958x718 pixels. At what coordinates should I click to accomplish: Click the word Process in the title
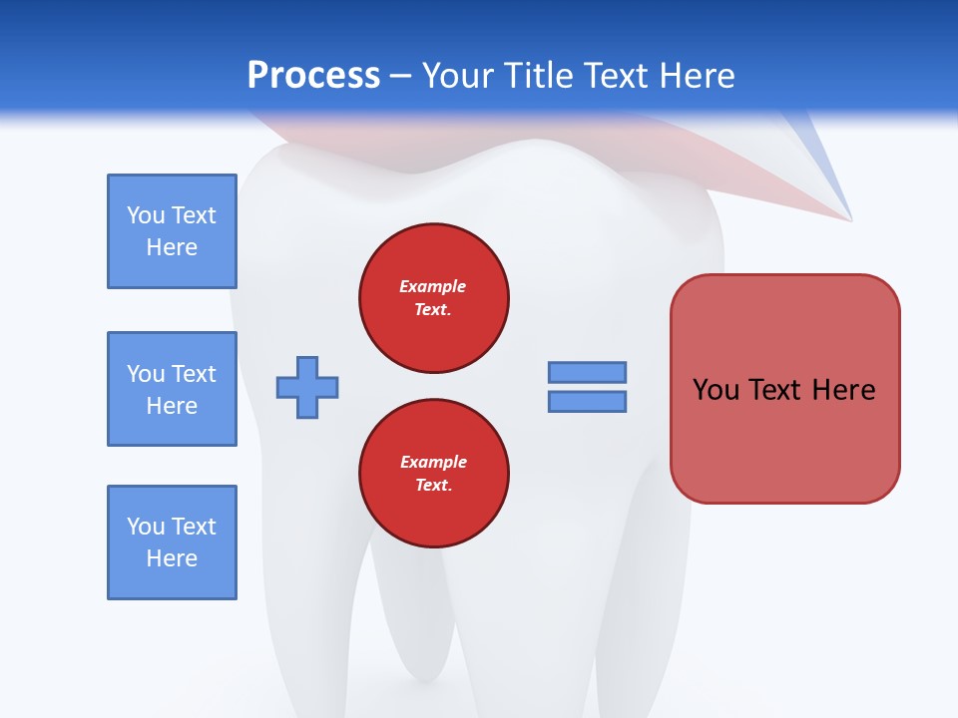[313, 75]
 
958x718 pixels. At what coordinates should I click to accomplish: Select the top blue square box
[172, 231]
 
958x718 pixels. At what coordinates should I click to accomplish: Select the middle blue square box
[172, 389]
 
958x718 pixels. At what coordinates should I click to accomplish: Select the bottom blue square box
[172, 542]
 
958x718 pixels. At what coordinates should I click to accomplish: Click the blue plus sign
[307, 387]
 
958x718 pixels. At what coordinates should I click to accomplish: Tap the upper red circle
[434, 298]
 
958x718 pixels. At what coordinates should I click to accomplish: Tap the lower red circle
[434, 474]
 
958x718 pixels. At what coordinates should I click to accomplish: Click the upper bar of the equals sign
[587, 372]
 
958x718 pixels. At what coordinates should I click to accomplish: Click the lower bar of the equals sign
[587, 401]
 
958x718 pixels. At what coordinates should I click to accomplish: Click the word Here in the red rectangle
[843, 389]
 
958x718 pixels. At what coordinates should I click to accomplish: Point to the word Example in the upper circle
[433, 286]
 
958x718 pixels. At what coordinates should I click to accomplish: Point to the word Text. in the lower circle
[433, 486]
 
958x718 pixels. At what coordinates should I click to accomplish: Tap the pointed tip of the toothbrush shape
[849, 217]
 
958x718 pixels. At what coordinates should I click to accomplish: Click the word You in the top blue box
[146, 215]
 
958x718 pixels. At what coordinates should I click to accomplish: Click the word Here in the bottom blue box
[172, 558]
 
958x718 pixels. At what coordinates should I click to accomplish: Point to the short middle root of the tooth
[414, 638]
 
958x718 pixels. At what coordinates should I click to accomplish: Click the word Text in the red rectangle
[778, 389]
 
